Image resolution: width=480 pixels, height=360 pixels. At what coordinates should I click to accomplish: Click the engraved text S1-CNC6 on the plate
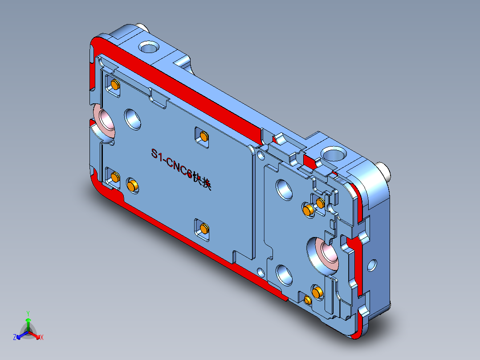tap(171, 165)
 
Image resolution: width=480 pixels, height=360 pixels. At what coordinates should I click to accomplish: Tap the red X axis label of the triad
tap(42, 338)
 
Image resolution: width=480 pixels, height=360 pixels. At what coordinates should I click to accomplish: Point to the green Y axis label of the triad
tap(28, 313)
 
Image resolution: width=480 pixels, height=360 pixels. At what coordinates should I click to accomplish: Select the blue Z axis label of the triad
tap(15, 337)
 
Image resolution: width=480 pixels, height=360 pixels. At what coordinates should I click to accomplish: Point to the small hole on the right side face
tap(372, 266)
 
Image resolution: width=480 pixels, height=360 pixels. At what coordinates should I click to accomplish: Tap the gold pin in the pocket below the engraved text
tap(204, 229)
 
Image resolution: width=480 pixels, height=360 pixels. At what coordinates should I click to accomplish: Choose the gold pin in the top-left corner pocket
tap(115, 85)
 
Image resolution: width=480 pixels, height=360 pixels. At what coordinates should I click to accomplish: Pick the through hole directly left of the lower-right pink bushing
tap(283, 273)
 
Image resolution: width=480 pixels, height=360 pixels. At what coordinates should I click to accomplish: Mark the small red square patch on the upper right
tap(309, 161)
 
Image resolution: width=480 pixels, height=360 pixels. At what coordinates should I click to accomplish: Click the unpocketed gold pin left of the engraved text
tap(132, 184)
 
